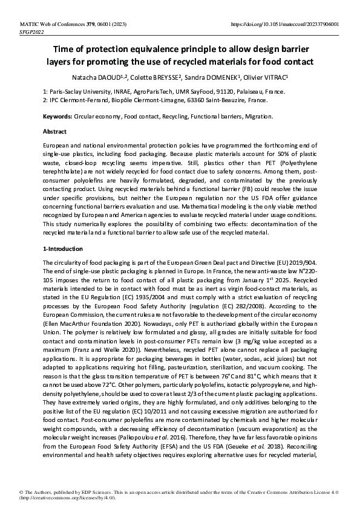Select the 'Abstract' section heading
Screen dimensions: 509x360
pyautogui.click(x=54, y=131)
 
